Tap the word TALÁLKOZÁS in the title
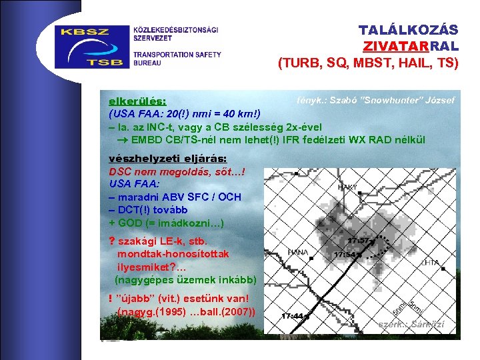click(408, 31)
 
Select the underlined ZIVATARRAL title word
click(411, 47)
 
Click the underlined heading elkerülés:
click(138, 101)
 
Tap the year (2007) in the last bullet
click(243, 311)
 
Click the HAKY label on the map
click(348, 188)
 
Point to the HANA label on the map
click(297, 252)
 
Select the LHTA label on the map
click(430, 263)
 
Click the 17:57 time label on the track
click(359, 241)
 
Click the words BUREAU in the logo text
click(147, 63)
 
